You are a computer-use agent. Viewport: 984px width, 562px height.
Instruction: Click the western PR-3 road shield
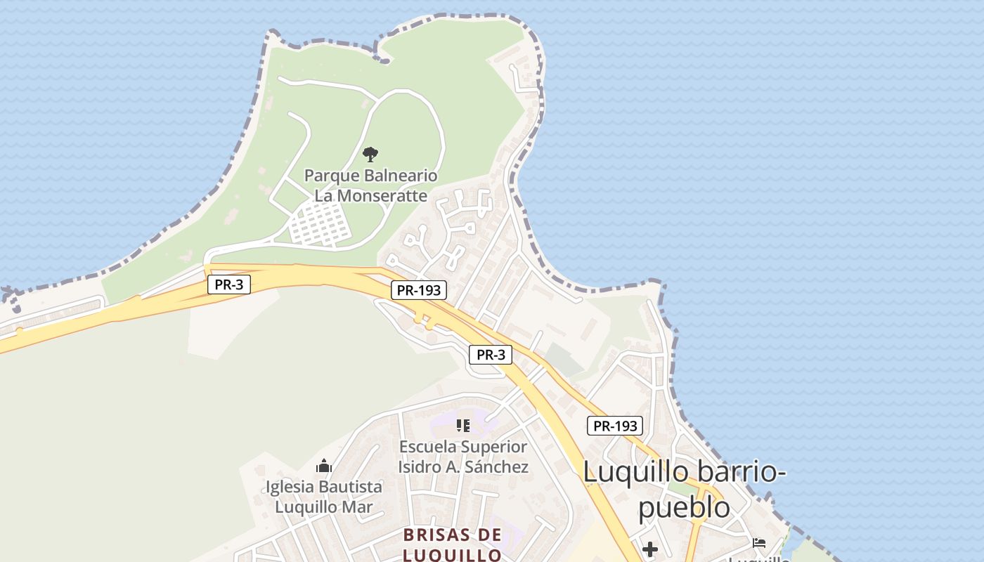pos(229,285)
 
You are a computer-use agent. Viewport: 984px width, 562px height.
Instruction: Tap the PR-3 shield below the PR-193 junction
pos(491,355)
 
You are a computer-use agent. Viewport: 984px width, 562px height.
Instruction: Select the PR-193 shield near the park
pos(419,290)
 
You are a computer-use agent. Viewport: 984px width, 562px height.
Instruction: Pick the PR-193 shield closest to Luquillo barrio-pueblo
pos(615,426)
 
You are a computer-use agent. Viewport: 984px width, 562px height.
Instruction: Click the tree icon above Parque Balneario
pos(370,155)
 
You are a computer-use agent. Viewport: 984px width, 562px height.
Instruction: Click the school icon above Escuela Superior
pos(462,425)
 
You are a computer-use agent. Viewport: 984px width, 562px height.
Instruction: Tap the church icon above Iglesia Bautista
pos(324,465)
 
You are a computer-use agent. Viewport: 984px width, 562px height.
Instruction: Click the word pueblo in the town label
pos(683,507)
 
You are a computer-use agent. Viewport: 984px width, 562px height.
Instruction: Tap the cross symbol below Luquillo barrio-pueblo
pos(650,549)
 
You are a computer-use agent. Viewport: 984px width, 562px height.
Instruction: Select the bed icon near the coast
pos(759,542)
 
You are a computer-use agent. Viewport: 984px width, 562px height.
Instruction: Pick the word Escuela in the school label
pos(429,447)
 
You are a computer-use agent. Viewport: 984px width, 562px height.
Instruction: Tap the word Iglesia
pos(290,487)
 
